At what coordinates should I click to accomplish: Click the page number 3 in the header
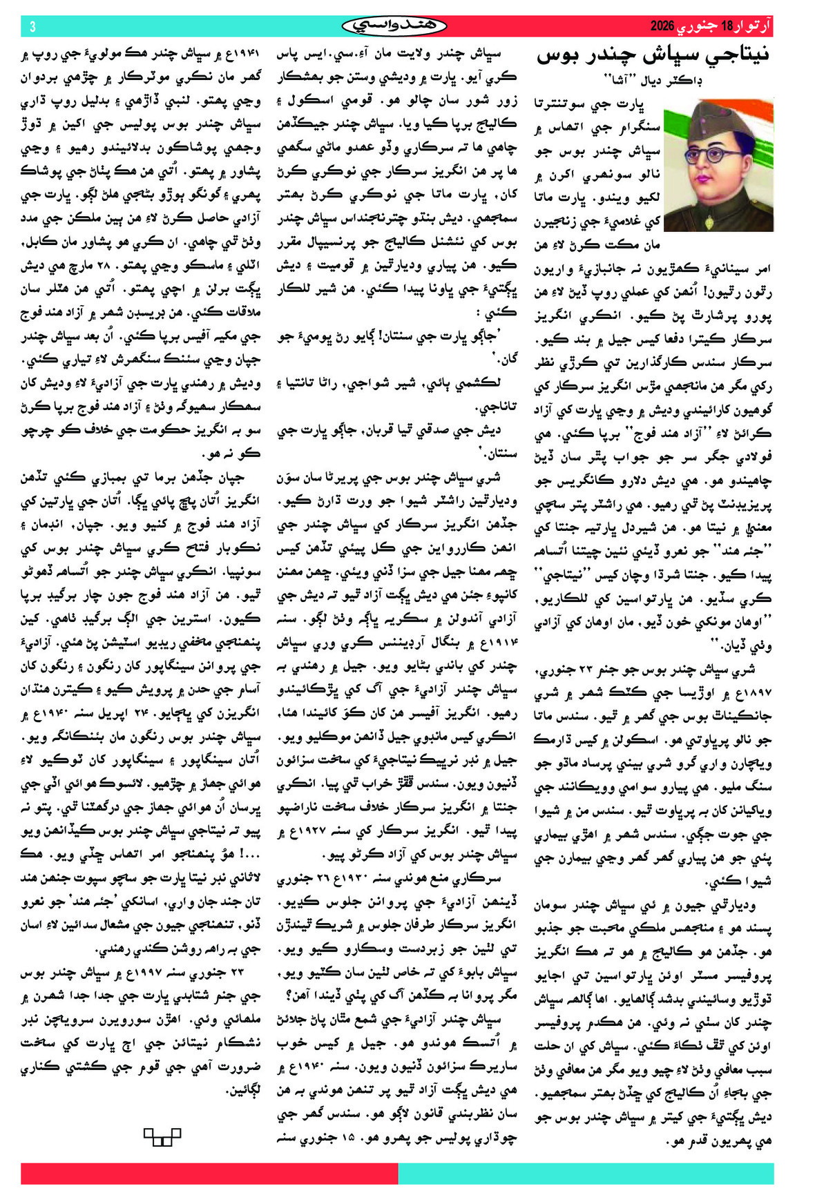point(32,27)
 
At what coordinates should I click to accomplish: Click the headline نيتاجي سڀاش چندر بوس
point(653,56)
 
